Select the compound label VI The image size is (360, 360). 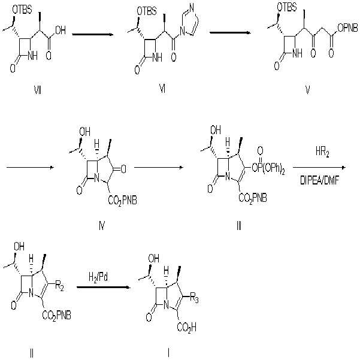(x=162, y=89)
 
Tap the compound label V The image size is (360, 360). (x=307, y=90)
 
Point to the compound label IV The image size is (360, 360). (x=102, y=226)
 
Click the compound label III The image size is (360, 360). (x=239, y=226)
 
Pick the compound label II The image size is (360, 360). (x=32, y=353)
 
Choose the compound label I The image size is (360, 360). (x=169, y=353)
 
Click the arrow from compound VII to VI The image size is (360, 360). (x=93, y=35)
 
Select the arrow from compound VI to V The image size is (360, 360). (x=230, y=32)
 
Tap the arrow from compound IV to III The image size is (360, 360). (x=159, y=167)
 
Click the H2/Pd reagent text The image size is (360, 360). (x=98, y=277)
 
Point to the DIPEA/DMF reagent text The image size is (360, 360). (x=320, y=181)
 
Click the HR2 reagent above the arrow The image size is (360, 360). (x=322, y=152)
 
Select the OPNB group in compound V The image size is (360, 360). (x=348, y=28)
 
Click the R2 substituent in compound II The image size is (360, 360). (x=59, y=287)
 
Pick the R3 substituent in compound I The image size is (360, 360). (x=194, y=299)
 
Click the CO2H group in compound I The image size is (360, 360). (x=187, y=327)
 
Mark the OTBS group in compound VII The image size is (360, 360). (x=22, y=10)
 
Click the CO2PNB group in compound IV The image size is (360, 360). (x=122, y=201)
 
